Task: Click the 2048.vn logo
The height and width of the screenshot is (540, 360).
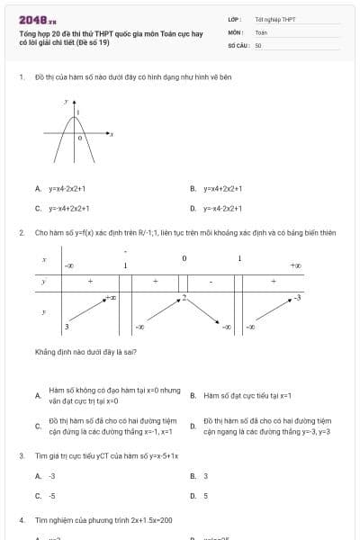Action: coord(38,19)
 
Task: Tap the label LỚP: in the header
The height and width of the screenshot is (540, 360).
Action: coord(234,18)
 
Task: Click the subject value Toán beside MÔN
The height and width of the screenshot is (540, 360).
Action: coord(261,31)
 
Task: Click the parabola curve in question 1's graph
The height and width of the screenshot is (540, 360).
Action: coord(67,135)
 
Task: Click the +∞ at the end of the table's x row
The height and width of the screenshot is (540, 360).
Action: coord(295,265)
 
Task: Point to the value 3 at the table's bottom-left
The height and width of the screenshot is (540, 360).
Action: coord(67,326)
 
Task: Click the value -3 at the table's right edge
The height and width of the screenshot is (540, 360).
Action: coord(298,298)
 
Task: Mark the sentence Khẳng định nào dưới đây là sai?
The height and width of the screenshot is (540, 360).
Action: coord(85,352)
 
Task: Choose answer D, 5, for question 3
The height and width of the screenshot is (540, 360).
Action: coord(205,495)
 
